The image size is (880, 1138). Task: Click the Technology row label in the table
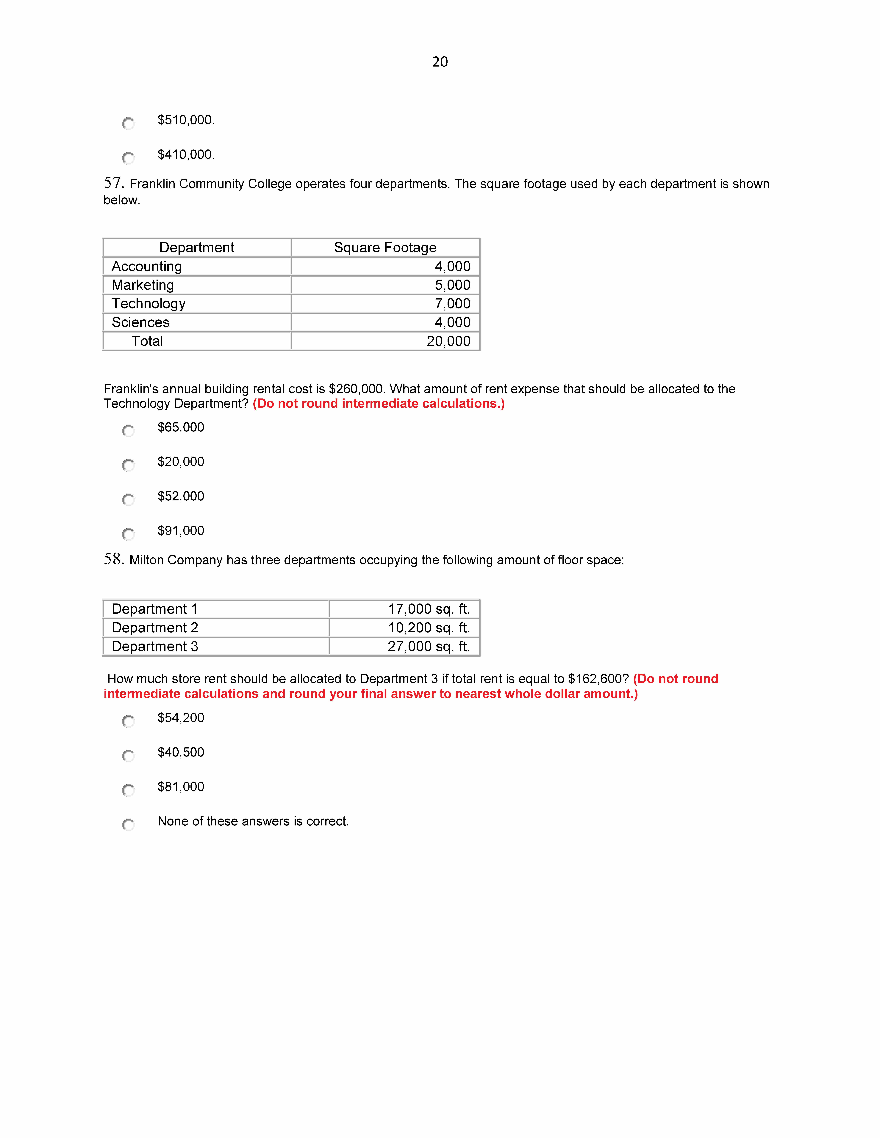[149, 304]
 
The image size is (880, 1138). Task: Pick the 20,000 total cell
[448, 341]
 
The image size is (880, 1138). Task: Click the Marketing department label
[143, 285]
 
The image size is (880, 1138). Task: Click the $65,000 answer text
[181, 427]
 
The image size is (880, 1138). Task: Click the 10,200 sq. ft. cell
[429, 628]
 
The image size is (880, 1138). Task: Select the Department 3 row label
[155, 647]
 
